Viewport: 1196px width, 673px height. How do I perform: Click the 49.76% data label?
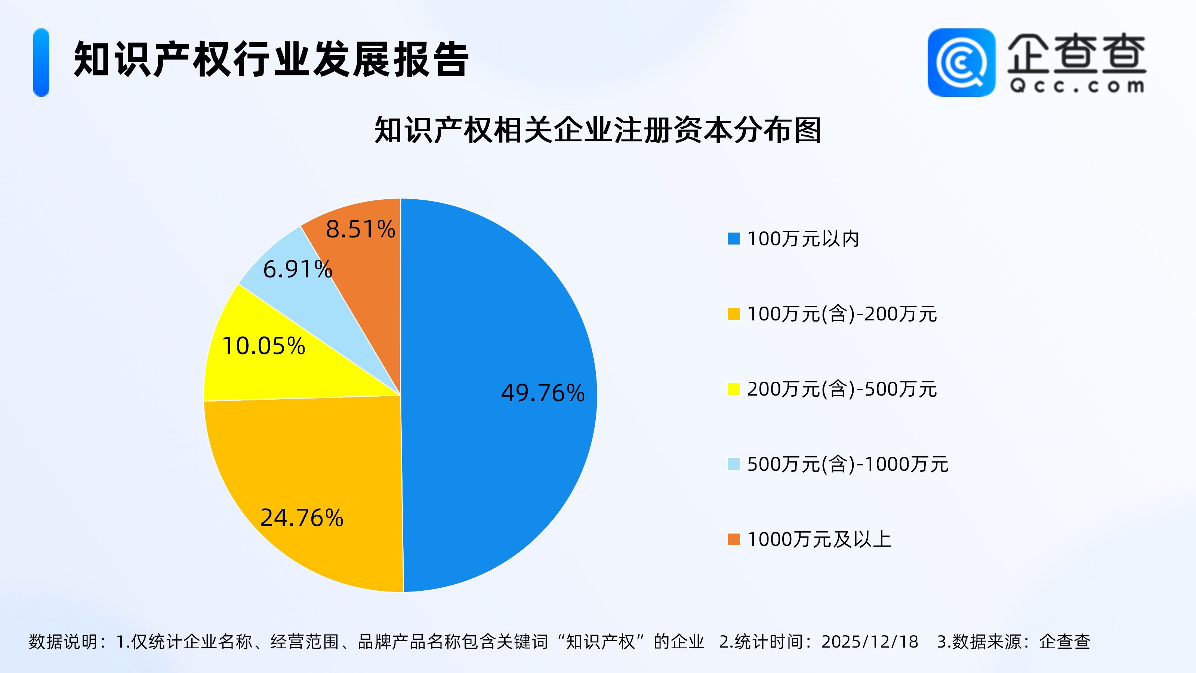point(543,393)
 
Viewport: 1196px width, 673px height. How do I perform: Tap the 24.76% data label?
point(302,518)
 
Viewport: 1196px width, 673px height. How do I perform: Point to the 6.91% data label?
point(298,269)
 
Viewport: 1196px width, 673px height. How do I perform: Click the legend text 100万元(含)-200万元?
point(842,314)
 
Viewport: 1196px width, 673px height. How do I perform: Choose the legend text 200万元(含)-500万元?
point(842,389)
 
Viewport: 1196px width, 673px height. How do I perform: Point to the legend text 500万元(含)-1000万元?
point(848,464)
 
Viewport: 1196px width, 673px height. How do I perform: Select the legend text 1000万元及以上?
point(819,540)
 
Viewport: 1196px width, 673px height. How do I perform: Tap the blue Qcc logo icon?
point(961,63)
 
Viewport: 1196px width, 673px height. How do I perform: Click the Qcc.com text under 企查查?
point(1077,86)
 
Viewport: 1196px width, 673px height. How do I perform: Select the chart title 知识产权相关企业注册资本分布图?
point(598,130)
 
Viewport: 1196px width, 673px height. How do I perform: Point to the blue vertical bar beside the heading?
point(41,63)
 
